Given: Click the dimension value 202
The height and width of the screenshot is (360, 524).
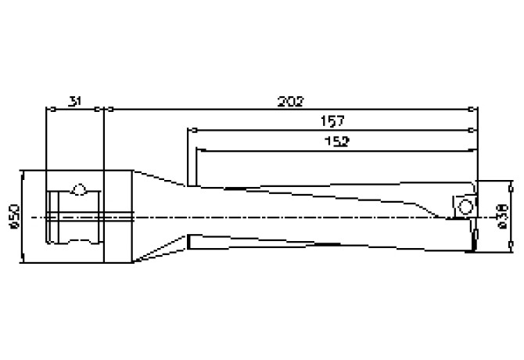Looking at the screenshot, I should click(291, 101).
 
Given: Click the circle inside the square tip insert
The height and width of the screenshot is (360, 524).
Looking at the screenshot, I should click(465, 206).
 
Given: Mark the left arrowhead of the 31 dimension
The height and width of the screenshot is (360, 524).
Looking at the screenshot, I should click(51, 110).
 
